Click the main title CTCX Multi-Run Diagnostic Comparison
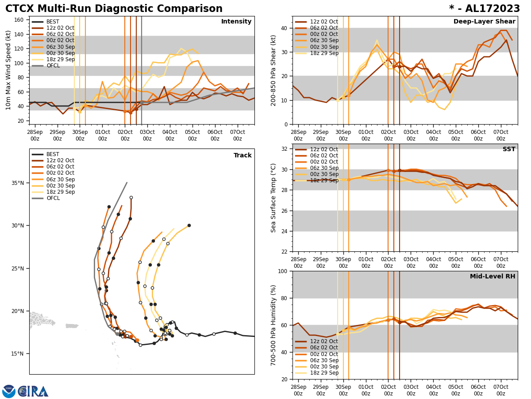click(x=114, y=9)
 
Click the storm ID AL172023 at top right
click(x=484, y=9)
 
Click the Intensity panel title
click(x=236, y=22)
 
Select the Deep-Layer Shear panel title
click(x=484, y=22)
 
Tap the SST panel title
click(x=509, y=149)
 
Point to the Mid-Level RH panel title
click(x=493, y=277)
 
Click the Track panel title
click(x=242, y=156)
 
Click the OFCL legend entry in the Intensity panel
click(x=53, y=66)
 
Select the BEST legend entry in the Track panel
click(x=53, y=154)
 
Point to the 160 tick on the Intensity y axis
click(x=19, y=20)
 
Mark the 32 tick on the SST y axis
click(x=285, y=149)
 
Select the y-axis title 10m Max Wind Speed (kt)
click(x=8, y=70)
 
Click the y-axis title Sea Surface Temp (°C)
click(x=273, y=198)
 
